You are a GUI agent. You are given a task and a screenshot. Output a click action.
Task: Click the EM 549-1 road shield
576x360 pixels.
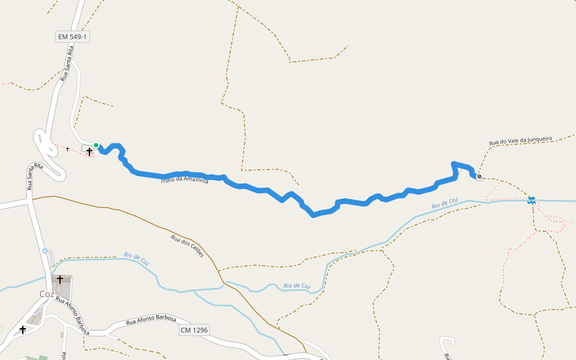coord(73,37)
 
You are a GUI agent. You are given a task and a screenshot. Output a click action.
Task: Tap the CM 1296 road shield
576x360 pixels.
coord(194,330)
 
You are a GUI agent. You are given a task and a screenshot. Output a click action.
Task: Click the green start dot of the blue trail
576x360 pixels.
coord(95,145)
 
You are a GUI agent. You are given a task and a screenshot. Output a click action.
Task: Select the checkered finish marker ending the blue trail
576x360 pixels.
coord(479,176)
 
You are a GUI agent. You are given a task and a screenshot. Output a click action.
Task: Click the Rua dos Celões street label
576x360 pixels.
coord(187,245)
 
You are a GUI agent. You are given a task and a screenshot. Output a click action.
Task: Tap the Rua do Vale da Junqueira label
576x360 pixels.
coord(520,140)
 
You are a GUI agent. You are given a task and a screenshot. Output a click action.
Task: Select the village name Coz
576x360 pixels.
coord(46,294)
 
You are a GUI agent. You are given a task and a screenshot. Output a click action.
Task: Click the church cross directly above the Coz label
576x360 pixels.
coord(60,280)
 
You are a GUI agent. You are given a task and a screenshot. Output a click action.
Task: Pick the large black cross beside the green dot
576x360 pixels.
coord(89,151)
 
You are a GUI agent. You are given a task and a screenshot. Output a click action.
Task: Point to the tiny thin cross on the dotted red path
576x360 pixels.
coord(67,148)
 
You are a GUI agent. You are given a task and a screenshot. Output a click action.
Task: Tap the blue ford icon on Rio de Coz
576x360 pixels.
coord(531,200)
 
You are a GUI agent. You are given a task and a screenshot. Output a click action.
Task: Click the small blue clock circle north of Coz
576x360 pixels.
coord(45,250)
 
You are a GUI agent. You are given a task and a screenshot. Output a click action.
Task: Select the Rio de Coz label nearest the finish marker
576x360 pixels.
coord(445,204)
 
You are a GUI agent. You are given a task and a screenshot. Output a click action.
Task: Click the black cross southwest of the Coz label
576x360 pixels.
coord(23,329)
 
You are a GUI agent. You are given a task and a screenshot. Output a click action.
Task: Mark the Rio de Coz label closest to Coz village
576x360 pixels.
coord(137,259)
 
